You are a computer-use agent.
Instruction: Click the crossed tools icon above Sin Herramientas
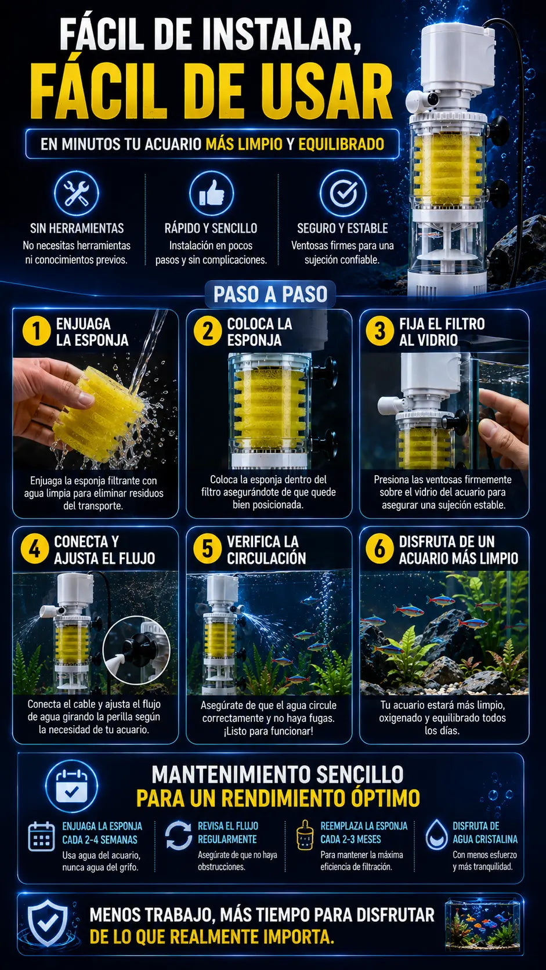coord(77,193)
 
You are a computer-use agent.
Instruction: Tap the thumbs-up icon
coord(211,193)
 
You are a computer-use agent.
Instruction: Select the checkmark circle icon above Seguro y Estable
coord(343,193)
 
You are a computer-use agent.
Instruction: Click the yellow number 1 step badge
coord(37,331)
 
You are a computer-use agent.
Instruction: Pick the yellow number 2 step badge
coord(207,331)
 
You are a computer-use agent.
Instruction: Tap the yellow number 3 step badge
coord(379,331)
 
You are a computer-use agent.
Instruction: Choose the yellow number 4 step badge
coord(35,549)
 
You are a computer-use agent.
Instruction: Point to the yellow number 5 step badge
coord(207,549)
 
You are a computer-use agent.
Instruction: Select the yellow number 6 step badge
coord(379,549)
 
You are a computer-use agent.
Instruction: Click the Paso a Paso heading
coord(270,295)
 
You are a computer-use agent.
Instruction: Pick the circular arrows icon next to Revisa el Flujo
coord(178,835)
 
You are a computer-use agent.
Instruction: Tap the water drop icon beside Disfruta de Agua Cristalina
coord(436,835)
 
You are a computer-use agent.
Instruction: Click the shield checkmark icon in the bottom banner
coord(48,923)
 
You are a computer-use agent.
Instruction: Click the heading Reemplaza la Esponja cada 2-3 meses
coord(364,833)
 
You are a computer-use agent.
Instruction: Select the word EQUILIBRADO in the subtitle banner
coord(341,144)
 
